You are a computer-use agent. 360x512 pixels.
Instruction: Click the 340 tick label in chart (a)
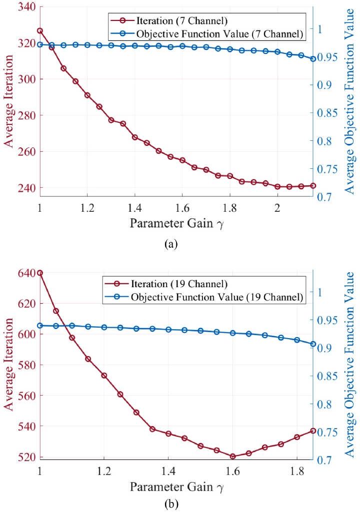coord(24,6)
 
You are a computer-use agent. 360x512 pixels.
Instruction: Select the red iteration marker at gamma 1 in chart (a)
coord(40,31)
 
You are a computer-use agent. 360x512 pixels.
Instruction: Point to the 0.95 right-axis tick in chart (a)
coord(328,57)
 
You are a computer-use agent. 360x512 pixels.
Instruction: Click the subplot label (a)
coord(170,244)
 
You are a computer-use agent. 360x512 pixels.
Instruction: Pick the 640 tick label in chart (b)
coord(24,273)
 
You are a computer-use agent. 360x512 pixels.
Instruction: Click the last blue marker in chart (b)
coord(313,344)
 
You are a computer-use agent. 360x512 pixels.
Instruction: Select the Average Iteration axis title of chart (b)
coord(9,365)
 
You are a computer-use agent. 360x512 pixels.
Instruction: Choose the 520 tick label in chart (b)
coord(24,457)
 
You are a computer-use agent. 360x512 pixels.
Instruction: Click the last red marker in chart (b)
coord(313,431)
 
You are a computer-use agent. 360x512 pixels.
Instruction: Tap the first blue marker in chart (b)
coord(40,326)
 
